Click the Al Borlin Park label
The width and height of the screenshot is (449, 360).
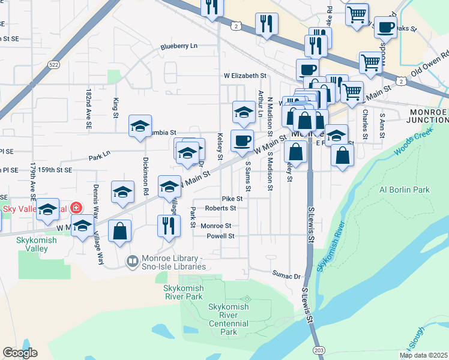[x=405, y=190]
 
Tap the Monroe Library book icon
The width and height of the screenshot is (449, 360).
[x=131, y=261]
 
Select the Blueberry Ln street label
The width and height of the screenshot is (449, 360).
[x=178, y=46]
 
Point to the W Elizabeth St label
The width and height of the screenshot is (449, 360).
[x=245, y=76]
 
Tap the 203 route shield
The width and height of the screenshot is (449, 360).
[x=318, y=349]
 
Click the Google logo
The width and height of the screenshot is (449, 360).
[x=20, y=353]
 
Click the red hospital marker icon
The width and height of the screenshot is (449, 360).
[x=76, y=208]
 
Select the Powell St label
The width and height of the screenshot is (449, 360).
[x=220, y=236]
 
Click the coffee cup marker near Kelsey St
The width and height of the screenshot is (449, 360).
[x=242, y=141]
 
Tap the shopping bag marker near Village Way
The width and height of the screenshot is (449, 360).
[x=120, y=231]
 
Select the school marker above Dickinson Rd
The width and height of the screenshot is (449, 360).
[x=140, y=127]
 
